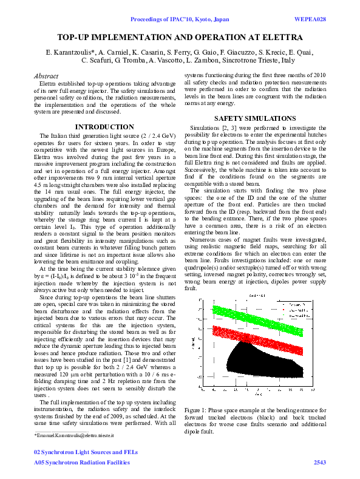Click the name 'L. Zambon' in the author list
click(x=194, y=61)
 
